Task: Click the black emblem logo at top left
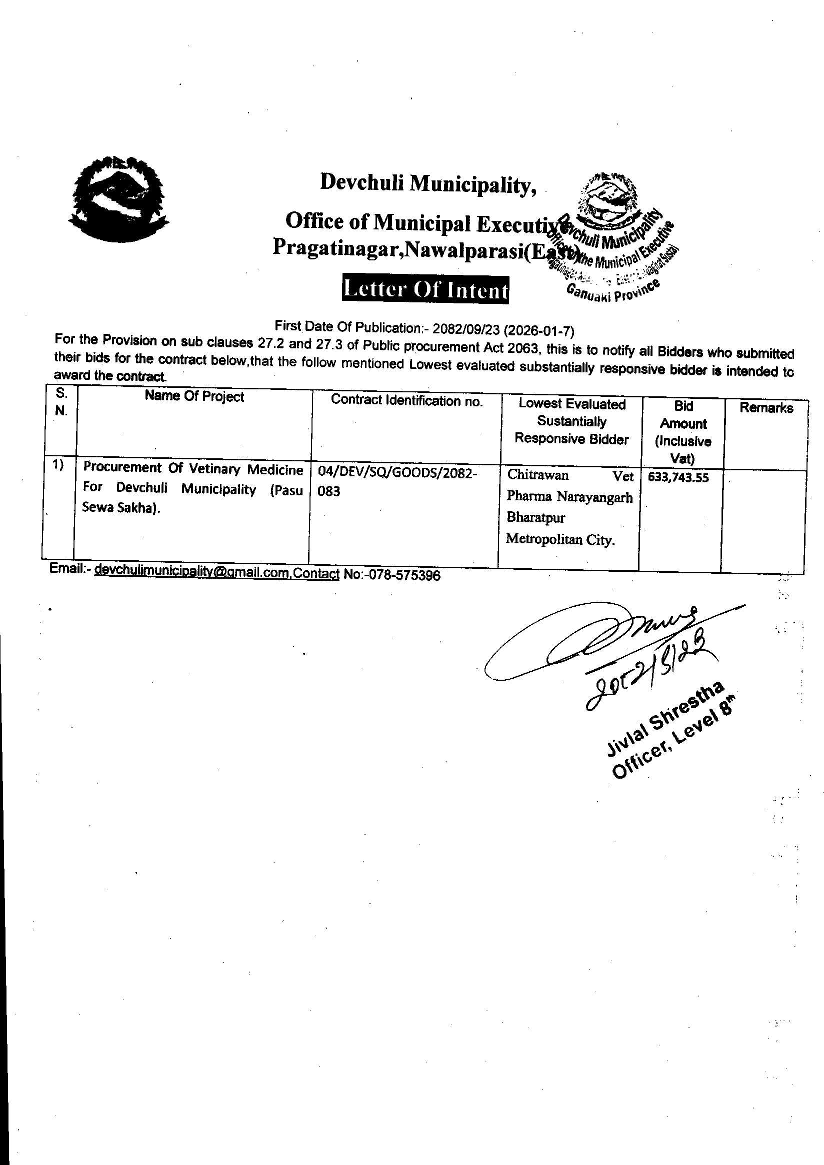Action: [118, 198]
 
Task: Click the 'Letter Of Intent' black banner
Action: [425, 290]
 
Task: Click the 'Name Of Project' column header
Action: [194, 396]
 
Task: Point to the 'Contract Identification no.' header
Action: [406, 400]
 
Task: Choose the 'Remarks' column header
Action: [765, 407]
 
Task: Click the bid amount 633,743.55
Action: [678, 477]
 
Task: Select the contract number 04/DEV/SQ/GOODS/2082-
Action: [397, 473]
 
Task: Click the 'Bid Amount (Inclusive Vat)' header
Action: [683, 432]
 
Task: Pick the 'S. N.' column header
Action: [61, 402]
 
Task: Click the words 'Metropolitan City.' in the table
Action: [560, 539]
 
